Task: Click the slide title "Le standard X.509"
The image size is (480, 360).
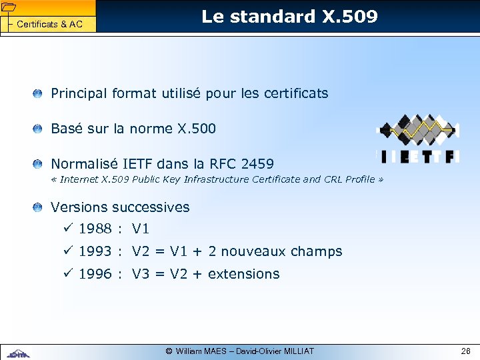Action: (289, 17)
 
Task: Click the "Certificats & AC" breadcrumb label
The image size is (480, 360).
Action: (49, 25)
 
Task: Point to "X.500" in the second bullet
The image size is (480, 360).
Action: (195, 129)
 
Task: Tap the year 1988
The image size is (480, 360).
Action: (95, 229)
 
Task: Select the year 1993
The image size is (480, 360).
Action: (95, 251)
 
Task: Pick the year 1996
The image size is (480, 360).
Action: (95, 274)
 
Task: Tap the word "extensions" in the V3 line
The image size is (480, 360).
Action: (244, 274)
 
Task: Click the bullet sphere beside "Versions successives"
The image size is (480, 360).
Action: (40, 207)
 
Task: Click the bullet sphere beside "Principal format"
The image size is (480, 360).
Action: (40, 93)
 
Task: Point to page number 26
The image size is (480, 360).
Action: (465, 351)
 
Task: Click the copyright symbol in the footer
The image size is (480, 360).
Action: (169, 351)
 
